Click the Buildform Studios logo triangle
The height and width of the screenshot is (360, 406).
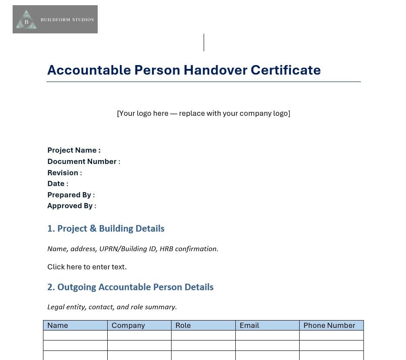[x=26, y=20]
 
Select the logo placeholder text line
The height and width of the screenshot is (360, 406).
[x=203, y=113]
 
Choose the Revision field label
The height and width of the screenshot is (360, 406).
[x=64, y=173]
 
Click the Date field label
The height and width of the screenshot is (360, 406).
[x=57, y=183]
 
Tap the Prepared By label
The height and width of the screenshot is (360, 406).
[x=71, y=195]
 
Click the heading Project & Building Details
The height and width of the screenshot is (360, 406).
[x=106, y=229]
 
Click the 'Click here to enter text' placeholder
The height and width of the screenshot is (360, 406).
[x=87, y=267]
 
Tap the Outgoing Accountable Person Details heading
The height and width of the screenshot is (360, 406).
[x=130, y=287]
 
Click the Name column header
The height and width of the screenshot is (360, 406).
[x=58, y=325]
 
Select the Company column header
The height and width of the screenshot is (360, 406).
[x=128, y=325]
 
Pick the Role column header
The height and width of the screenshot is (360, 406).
[x=183, y=325]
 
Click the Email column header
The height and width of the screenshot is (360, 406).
[x=249, y=325]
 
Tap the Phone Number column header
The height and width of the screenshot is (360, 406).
[x=329, y=325]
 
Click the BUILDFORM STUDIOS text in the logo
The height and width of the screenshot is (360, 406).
[x=67, y=20]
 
